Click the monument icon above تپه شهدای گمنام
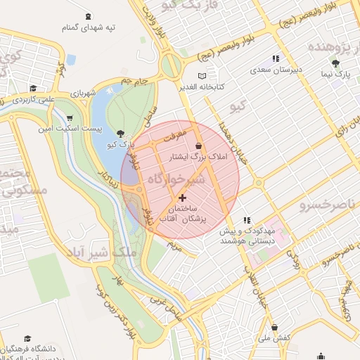(x=87, y=16)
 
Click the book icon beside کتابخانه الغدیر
(x=202, y=75)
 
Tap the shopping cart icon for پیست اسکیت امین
(x=69, y=118)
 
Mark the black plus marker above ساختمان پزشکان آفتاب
(x=184, y=198)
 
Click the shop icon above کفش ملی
(x=274, y=328)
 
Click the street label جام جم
(x=135, y=82)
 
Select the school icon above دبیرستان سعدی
(x=276, y=59)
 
